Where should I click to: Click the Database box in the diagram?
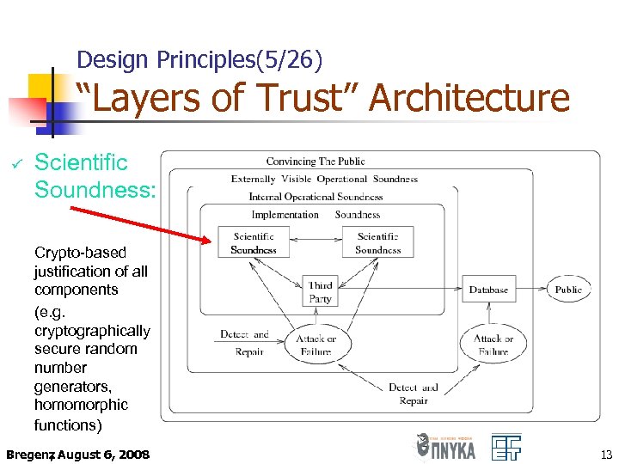pyautogui.click(x=488, y=290)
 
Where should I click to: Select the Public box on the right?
pyautogui.click(x=568, y=290)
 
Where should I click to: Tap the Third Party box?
pyautogui.click(x=320, y=292)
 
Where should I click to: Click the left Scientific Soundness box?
pyautogui.click(x=254, y=242)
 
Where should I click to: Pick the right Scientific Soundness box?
pyautogui.click(x=377, y=242)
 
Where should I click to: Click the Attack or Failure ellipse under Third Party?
pyautogui.click(x=316, y=345)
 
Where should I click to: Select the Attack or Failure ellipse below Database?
pyautogui.click(x=493, y=345)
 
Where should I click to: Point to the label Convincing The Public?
pyautogui.click(x=316, y=162)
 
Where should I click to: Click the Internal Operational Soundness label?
pyautogui.click(x=316, y=197)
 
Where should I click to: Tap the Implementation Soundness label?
pyautogui.click(x=316, y=215)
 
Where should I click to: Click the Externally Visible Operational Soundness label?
pyautogui.click(x=324, y=179)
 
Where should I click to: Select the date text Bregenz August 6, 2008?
pyautogui.click(x=77, y=454)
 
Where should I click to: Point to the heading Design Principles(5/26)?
pyautogui.click(x=199, y=59)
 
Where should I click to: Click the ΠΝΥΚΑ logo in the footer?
pyautogui.click(x=444, y=448)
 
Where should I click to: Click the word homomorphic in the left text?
pyautogui.click(x=82, y=405)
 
